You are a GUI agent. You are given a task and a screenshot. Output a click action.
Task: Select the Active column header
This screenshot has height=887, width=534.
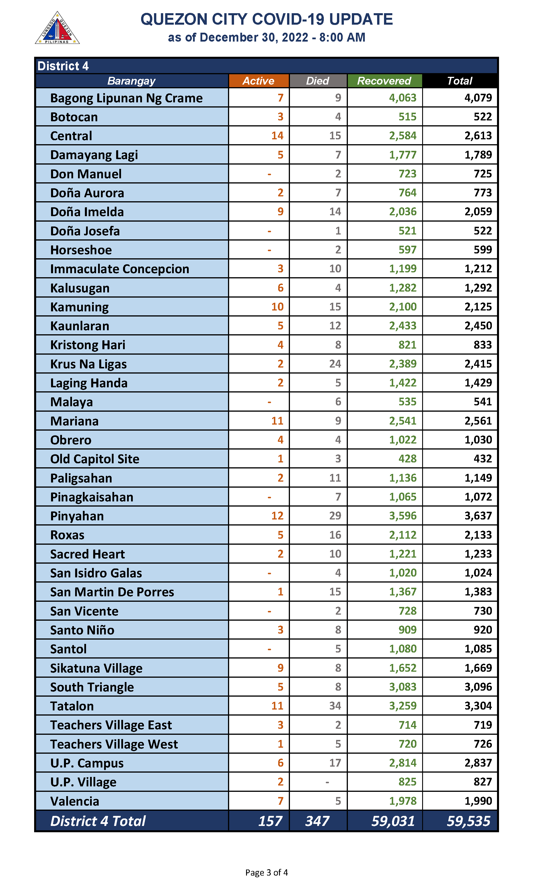258,81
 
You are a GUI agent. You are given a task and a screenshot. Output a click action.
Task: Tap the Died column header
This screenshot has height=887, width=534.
318,81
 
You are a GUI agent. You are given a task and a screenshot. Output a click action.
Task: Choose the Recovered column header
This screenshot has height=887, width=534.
384,81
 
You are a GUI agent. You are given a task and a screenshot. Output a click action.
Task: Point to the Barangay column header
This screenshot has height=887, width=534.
131,81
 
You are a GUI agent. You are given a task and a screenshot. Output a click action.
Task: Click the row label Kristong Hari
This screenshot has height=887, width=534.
88,345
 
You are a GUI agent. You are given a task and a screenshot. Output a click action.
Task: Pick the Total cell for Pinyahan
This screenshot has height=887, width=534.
478,516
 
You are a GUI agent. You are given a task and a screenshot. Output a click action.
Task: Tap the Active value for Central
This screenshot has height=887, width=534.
277,136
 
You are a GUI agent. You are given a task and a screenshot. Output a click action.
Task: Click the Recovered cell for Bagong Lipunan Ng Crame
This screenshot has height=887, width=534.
402,98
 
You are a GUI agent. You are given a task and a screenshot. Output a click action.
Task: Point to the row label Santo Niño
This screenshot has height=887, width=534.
82,630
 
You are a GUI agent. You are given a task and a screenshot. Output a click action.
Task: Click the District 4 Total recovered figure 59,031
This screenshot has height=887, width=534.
393,821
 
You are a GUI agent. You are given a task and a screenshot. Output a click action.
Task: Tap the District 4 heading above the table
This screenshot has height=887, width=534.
63,66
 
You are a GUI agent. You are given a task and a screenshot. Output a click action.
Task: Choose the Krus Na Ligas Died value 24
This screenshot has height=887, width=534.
335,364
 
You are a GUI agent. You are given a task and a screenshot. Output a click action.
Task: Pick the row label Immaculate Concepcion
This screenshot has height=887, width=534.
120,269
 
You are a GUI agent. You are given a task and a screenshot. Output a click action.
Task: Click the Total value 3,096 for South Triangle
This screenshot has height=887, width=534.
478,687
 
